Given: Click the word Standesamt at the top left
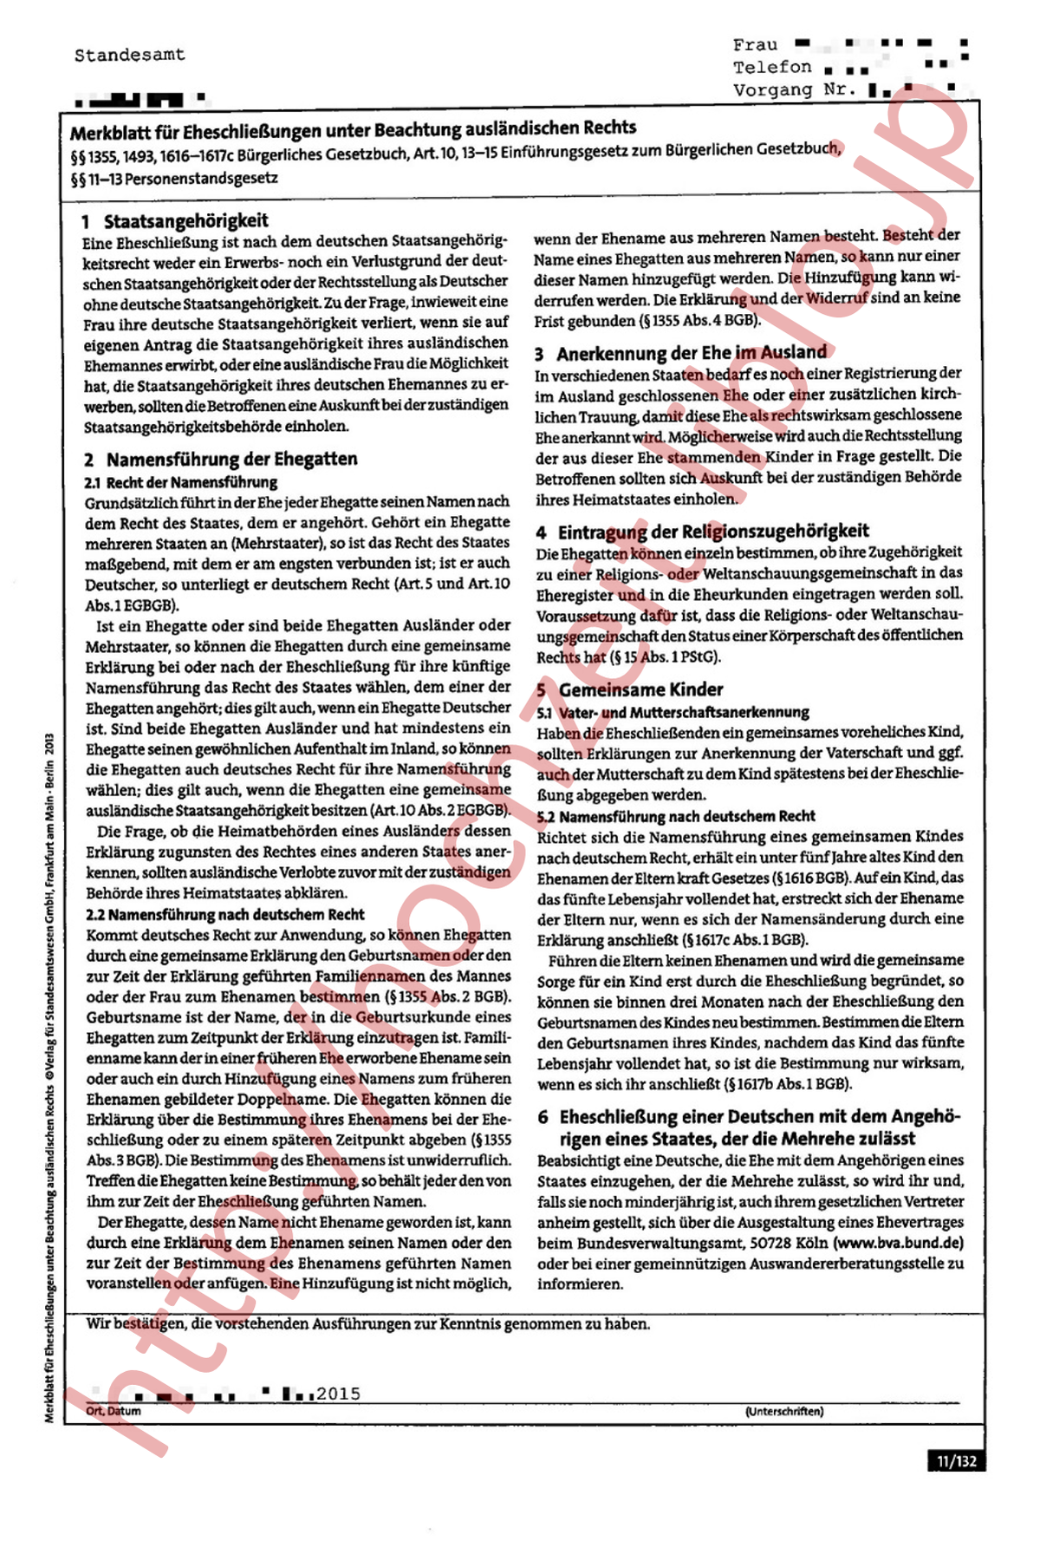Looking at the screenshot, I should click(129, 55).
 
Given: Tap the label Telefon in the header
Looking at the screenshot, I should click(772, 67).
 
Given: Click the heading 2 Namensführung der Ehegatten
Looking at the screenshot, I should click(221, 459).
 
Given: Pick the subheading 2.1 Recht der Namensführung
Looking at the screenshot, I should click(181, 482).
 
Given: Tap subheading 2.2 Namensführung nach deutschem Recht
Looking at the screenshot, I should click(225, 914).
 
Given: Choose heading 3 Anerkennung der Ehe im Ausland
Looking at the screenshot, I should click(681, 352).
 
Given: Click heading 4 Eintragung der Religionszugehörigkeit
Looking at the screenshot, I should click(702, 531).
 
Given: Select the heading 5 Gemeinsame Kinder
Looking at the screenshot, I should click(630, 689).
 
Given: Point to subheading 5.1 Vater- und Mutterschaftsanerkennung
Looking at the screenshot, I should click(673, 712).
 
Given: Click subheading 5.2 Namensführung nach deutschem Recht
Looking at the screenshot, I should click(677, 816).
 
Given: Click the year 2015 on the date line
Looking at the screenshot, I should click(338, 1394).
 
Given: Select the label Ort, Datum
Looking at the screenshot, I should click(114, 1411).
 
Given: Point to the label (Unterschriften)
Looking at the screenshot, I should click(783, 1412).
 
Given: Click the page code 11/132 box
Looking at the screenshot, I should click(956, 1461).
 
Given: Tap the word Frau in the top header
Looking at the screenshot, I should click(755, 44).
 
